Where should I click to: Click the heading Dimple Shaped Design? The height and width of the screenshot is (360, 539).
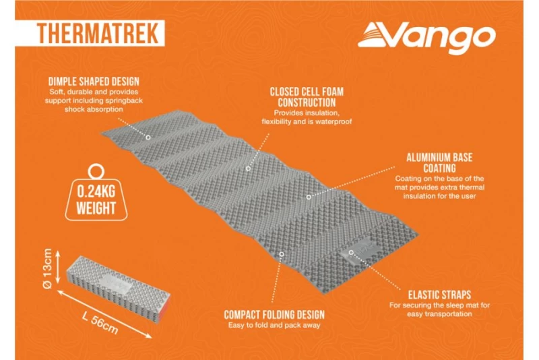click(x=99, y=82)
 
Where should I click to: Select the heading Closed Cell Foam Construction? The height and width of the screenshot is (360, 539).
click(x=303, y=96)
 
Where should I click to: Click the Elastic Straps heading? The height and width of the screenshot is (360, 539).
click(x=439, y=295)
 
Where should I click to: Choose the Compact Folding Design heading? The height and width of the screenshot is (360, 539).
click(x=274, y=315)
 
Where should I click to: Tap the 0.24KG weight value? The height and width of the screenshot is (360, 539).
click(x=96, y=191)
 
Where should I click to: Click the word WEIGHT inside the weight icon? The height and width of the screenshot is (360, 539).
click(x=96, y=208)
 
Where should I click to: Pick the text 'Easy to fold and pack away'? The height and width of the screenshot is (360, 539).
click(x=274, y=326)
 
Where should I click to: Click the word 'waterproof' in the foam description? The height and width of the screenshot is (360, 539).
click(x=332, y=122)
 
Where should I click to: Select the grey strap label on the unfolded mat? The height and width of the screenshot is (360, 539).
click(x=358, y=253)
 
